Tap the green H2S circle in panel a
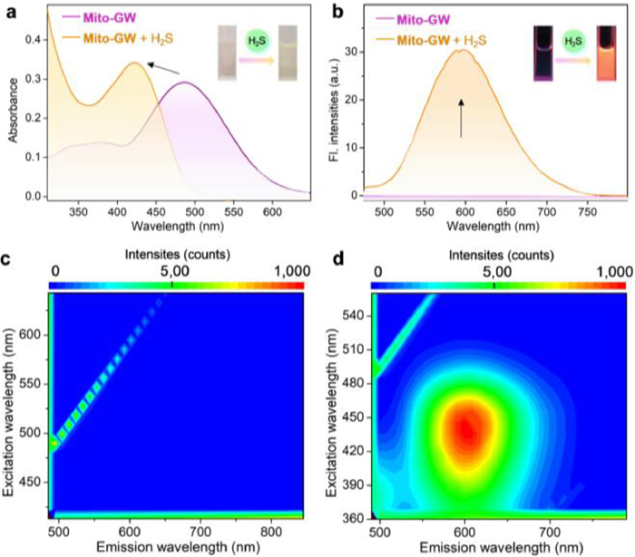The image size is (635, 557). pos(256,41)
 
